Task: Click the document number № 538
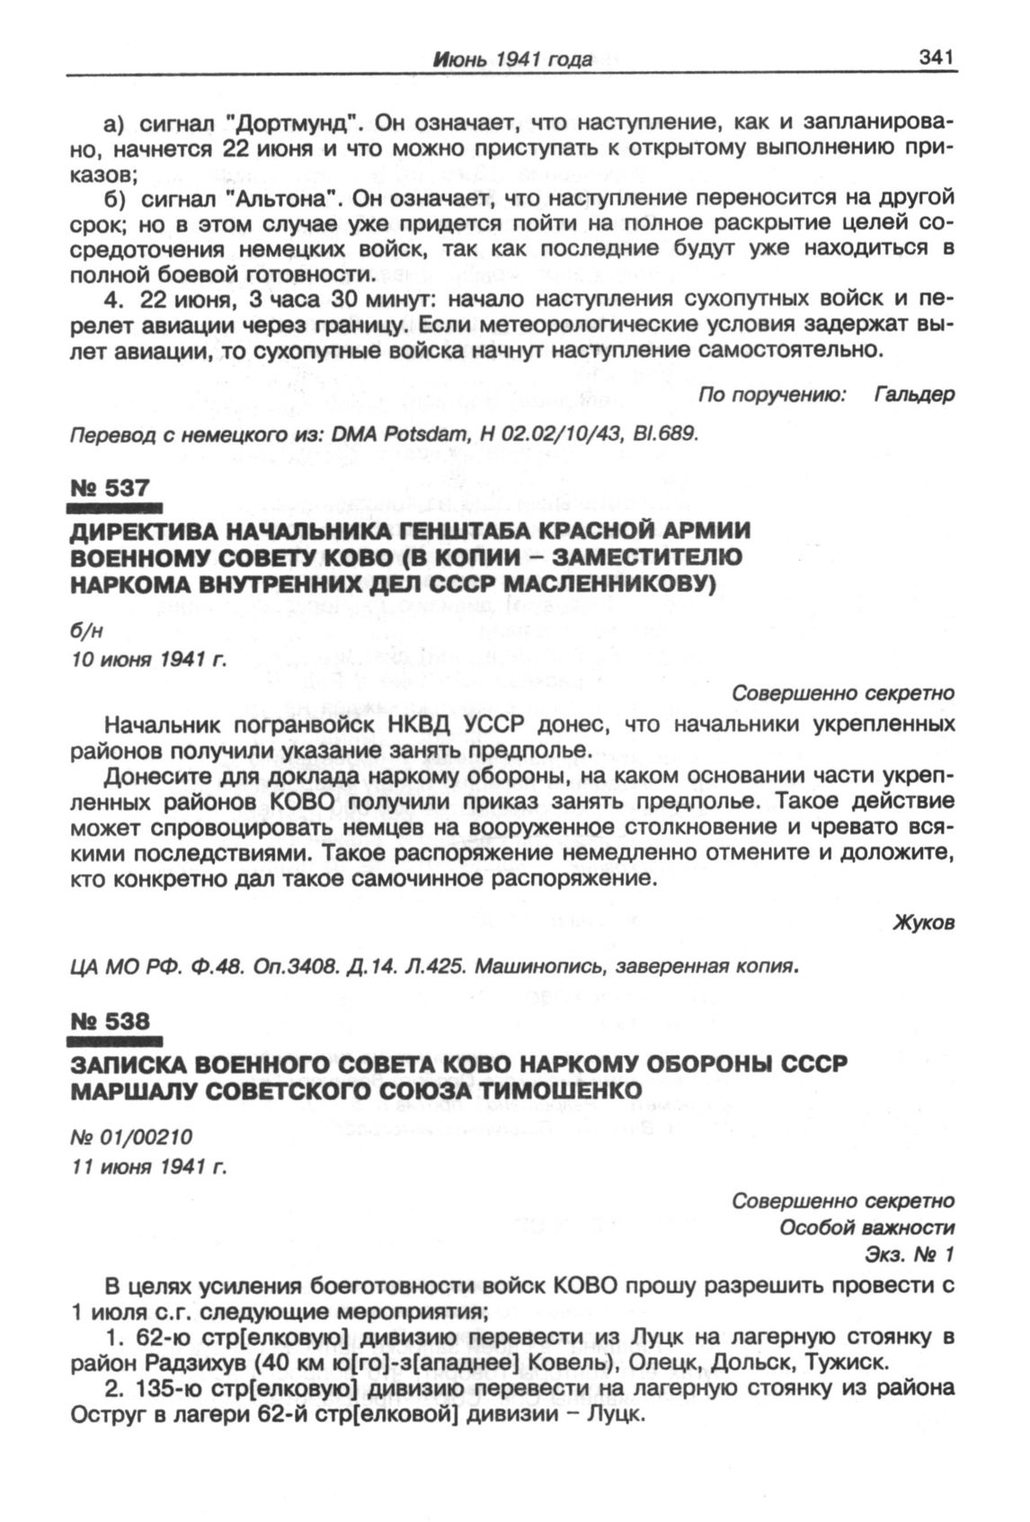(x=110, y=1021)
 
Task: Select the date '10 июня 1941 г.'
(x=148, y=660)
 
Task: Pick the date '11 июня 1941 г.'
(x=148, y=1168)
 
